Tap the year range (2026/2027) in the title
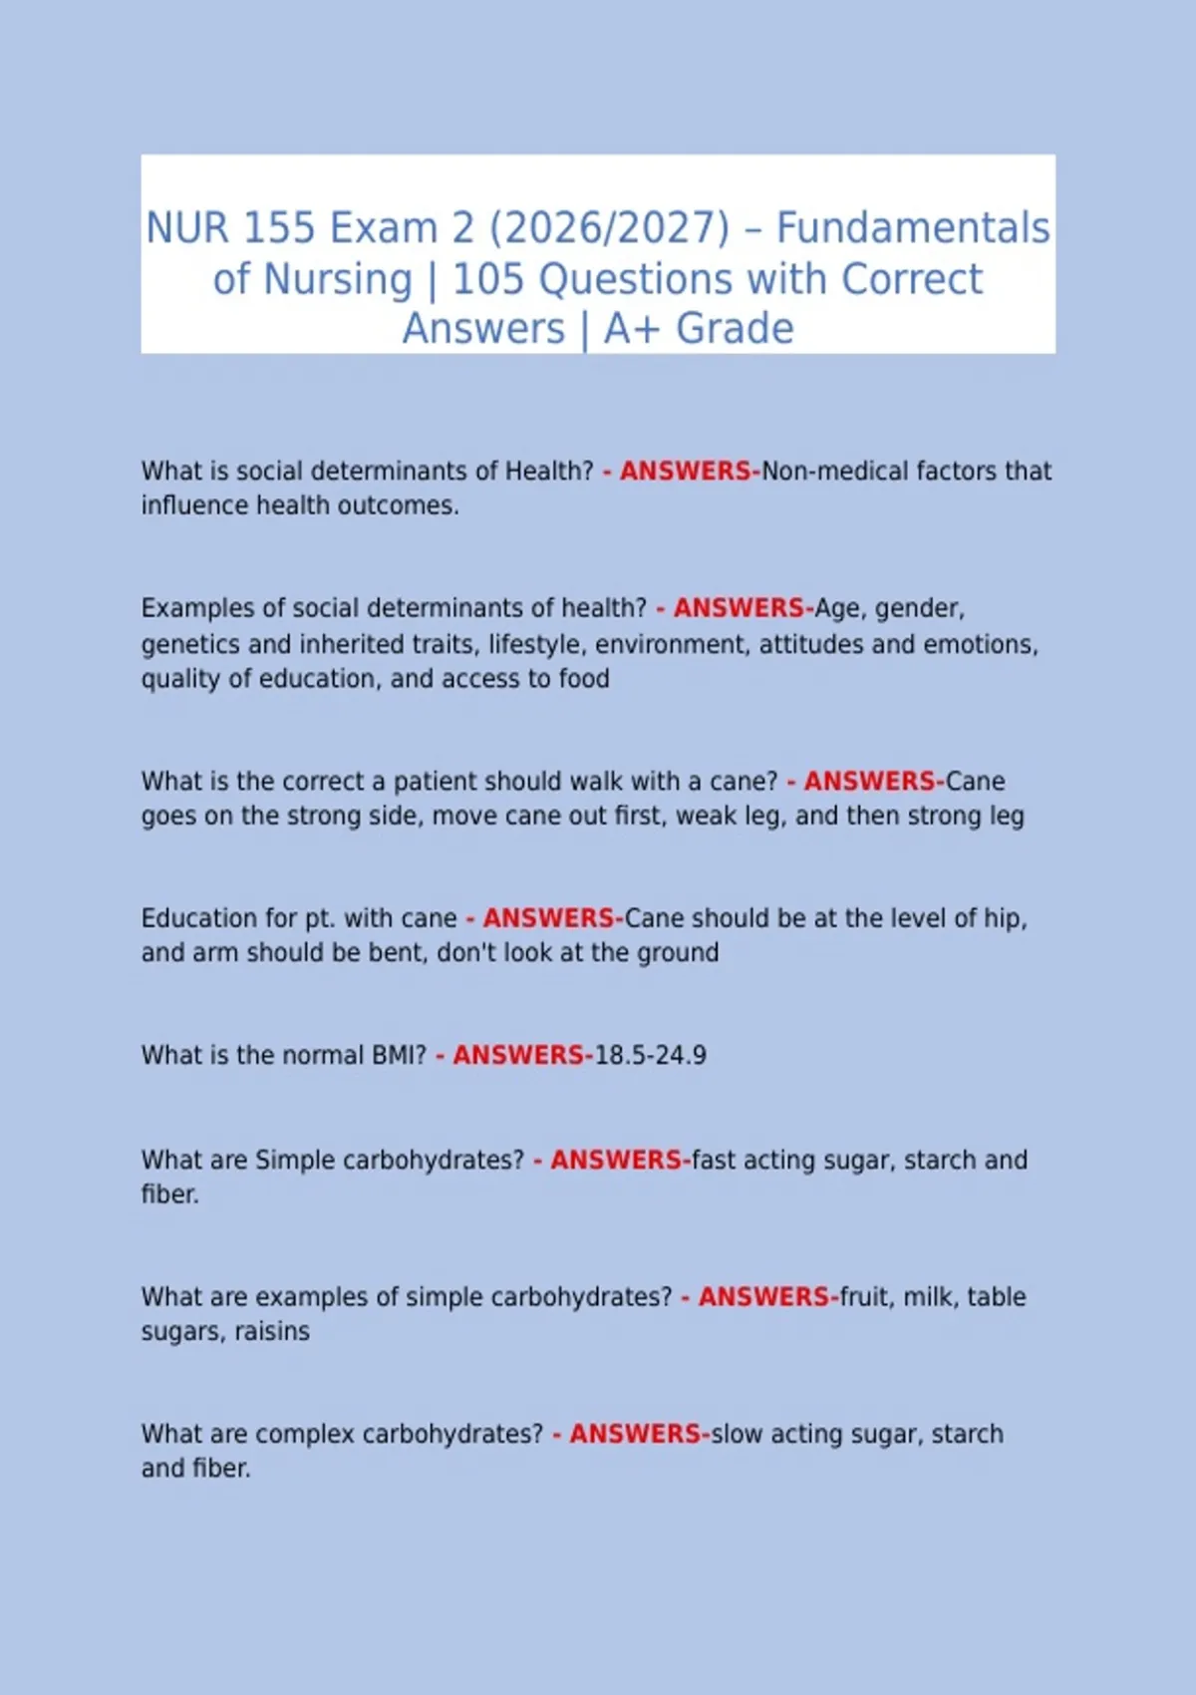pyautogui.click(x=609, y=228)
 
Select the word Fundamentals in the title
pyautogui.click(x=913, y=228)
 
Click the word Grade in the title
pyautogui.click(x=735, y=329)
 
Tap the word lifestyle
pyautogui.click(x=535, y=645)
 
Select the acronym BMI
pyautogui.click(x=399, y=1055)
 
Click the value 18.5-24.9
pyautogui.click(x=650, y=1055)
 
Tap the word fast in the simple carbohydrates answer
pyautogui.click(x=713, y=1161)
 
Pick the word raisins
pyautogui.click(x=272, y=1332)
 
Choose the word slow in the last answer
pyautogui.click(x=736, y=1434)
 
